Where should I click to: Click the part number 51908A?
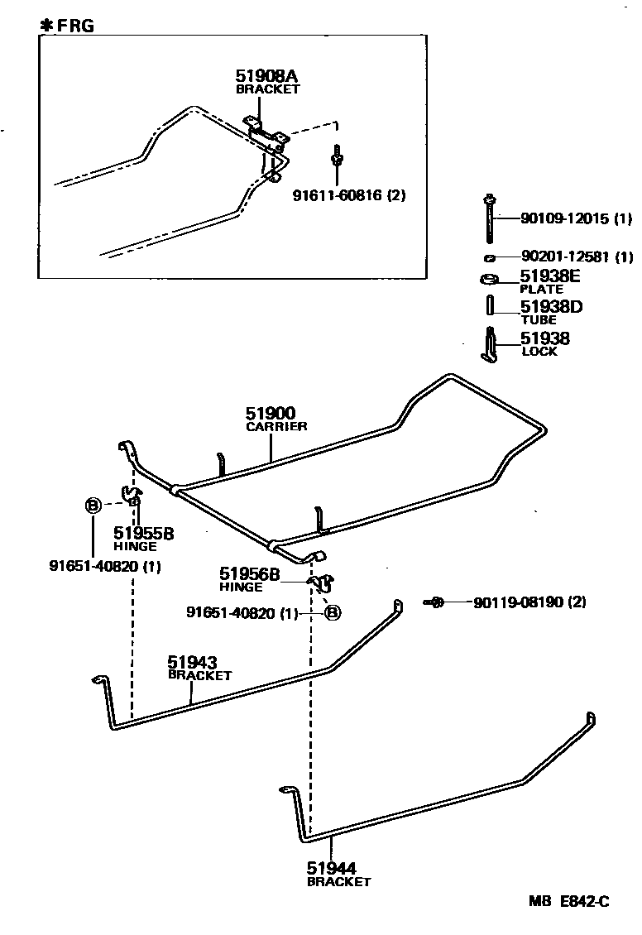(x=267, y=75)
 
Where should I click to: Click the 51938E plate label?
(x=550, y=276)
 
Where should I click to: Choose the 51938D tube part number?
(x=551, y=307)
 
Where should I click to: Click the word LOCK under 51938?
(x=539, y=352)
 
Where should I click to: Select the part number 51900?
(x=270, y=413)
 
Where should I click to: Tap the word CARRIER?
(x=276, y=427)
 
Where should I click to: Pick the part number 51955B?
(x=143, y=533)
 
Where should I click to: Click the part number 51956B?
(x=250, y=573)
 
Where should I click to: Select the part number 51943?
(x=192, y=662)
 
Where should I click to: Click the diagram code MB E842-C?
(x=569, y=902)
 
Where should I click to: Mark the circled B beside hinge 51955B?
(x=93, y=505)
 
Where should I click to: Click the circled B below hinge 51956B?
(x=331, y=613)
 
